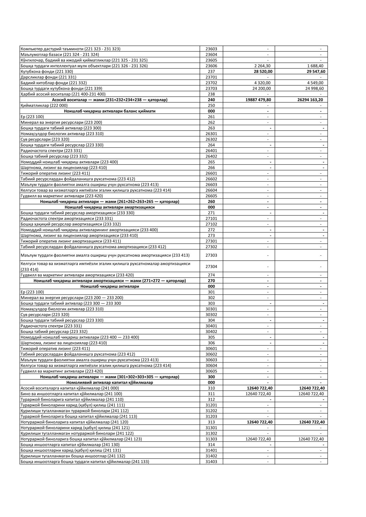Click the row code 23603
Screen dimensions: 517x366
pos(211,49)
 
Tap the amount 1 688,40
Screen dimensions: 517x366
pos(315,66)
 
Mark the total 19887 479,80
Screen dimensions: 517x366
pos(258,100)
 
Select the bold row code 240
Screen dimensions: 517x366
pos(211,100)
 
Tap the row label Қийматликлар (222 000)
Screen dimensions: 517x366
pos(44,106)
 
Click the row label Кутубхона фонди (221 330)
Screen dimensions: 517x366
pos(47,72)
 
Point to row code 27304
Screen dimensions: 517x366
pos(211,267)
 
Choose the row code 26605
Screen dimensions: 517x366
pos(211,196)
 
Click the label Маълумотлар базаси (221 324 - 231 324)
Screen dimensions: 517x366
pos(60,55)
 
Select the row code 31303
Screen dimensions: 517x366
pos(211,439)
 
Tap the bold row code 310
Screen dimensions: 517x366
pos(211,388)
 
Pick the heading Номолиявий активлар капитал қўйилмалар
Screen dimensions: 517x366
pos(110,383)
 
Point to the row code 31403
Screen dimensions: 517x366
pos(211,462)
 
